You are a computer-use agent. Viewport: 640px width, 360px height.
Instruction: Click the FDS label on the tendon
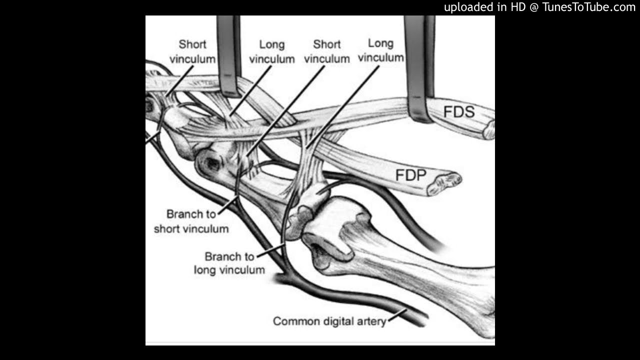(459, 111)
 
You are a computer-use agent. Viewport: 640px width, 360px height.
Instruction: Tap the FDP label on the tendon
(410, 175)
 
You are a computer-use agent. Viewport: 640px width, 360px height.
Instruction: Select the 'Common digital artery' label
(329, 321)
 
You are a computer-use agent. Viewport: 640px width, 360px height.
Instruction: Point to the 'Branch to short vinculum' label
(191, 221)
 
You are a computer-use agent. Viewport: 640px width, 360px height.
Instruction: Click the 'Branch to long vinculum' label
(229, 263)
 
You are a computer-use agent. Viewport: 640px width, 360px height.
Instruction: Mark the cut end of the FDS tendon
(488, 130)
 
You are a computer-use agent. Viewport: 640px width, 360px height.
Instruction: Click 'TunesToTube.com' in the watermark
(589, 7)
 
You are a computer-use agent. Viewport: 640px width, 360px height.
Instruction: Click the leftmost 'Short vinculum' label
(192, 51)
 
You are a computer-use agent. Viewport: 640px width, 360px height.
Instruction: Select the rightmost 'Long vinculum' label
(380, 50)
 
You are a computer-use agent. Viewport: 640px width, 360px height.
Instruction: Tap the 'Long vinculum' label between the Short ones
(272, 52)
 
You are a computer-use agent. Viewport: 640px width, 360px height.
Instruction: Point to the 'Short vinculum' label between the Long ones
(326, 51)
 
